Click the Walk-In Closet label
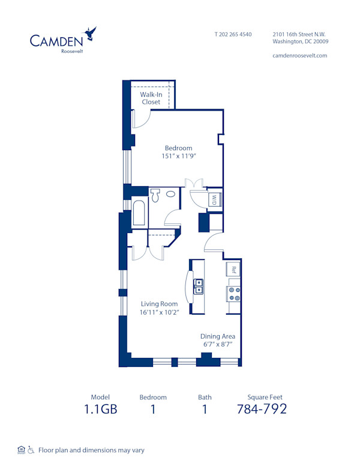[x=151, y=98]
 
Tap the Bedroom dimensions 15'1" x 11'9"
[x=179, y=156]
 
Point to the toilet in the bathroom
[x=156, y=195]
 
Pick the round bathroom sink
[x=171, y=194]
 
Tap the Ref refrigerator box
[x=233, y=269]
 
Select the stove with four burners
[x=233, y=293]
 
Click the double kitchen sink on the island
[x=198, y=288]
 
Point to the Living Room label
[x=159, y=304]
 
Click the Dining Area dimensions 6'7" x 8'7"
[x=217, y=345]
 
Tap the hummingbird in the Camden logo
[x=91, y=33]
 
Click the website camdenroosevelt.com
[x=300, y=55]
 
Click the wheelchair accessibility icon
[x=31, y=449]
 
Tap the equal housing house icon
[x=22, y=449]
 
